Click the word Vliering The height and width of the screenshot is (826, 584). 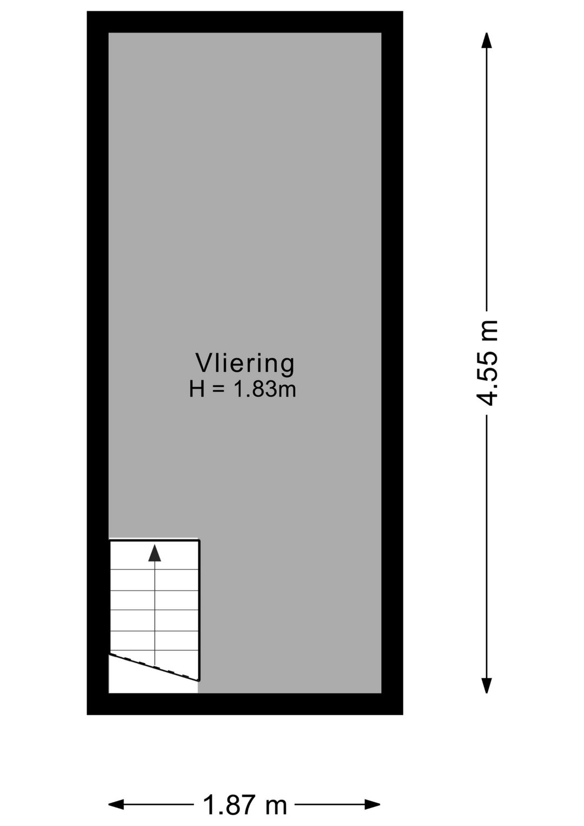coord(244,364)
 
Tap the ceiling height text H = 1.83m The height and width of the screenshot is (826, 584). coord(242,389)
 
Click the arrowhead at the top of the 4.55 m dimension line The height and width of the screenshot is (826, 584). coord(487,40)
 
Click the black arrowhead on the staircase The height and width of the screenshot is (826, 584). coord(155,553)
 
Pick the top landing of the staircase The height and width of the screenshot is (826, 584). coord(155,555)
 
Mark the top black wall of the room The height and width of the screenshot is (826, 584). coord(244,22)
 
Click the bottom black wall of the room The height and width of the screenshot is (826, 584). coord(244,704)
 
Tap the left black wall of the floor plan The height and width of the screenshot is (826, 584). coord(98,363)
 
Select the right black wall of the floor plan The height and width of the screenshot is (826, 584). coord(392,363)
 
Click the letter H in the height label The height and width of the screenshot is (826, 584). coord(197,389)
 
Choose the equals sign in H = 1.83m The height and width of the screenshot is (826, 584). coord(218,390)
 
